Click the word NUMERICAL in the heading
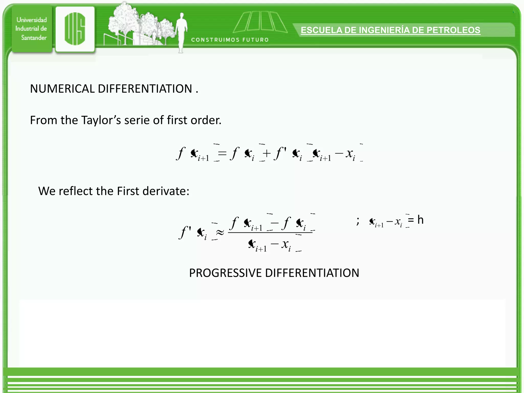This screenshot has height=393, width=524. [62, 89]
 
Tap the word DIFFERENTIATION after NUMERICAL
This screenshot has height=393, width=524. [145, 89]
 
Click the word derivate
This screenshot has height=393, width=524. [166, 191]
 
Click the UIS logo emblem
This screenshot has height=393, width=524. [75, 29]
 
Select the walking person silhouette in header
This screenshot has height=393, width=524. [181, 32]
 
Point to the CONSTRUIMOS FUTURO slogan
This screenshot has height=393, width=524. [230, 40]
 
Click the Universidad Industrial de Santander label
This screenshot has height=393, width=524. [31, 29]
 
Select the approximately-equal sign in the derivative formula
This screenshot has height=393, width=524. [220, 232]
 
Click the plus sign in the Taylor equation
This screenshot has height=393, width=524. [267, 153]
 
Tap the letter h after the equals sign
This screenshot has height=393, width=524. [420, 220]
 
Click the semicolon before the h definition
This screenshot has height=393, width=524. [358, 221]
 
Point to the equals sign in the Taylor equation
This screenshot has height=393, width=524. [222, 153]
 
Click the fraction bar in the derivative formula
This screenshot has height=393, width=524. [270, 233]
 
